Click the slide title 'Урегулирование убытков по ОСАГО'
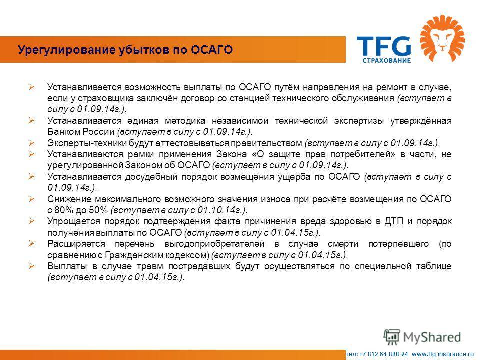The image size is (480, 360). pyautogui.click(x=125, y=50)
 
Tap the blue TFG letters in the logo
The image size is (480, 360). pyautogui.click(x=384, y=46)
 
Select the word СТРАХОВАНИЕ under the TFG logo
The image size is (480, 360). pyautogui.click(x=387, y=60)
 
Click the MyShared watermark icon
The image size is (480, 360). pyautogui.click(x=392, y=337)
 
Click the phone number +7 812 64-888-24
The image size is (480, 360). pyautogui.click(x=384, y=354)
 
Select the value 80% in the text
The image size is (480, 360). pyautogui.click(x=63, y=210)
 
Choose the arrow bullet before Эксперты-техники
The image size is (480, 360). pyautogui.click(x=32, y=143)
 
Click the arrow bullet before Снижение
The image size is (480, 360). pyautogui.click(x=32, y=199)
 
